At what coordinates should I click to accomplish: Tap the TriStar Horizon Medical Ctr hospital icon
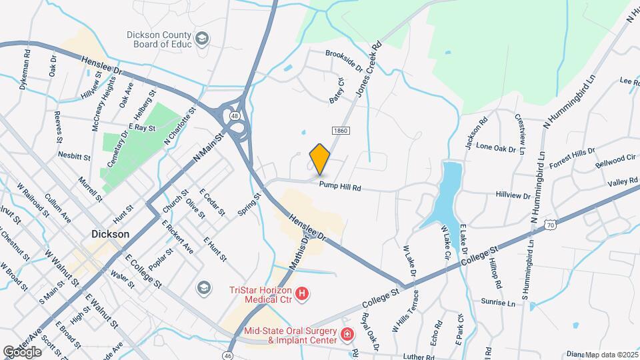[x=303, y=293]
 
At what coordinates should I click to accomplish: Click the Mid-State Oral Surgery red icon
[x=347, y=334]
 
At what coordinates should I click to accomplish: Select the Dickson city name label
[x=110, y=235]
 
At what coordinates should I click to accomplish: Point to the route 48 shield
[x=234, y=116]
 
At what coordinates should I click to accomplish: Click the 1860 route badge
[x=339, y=129]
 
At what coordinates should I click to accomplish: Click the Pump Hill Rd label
[x=339, y=187]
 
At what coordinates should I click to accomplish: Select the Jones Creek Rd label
[x=368, y=71]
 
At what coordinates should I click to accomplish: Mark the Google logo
[x=22, y=351]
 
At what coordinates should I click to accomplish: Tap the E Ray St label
[x=141, y=127]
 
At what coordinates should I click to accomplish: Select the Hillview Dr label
[x=513, y=196]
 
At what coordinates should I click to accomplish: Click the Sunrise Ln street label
[x=501, y=303]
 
